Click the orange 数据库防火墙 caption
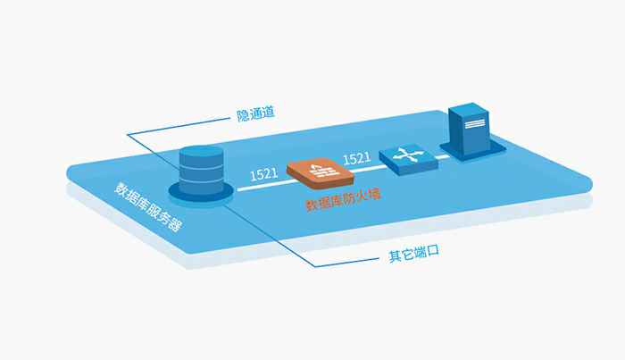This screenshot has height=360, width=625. (x=344, y=203)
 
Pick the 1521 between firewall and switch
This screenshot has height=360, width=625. (x=357, y=158)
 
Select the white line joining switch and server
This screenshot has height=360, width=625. (x=442, y=155)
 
